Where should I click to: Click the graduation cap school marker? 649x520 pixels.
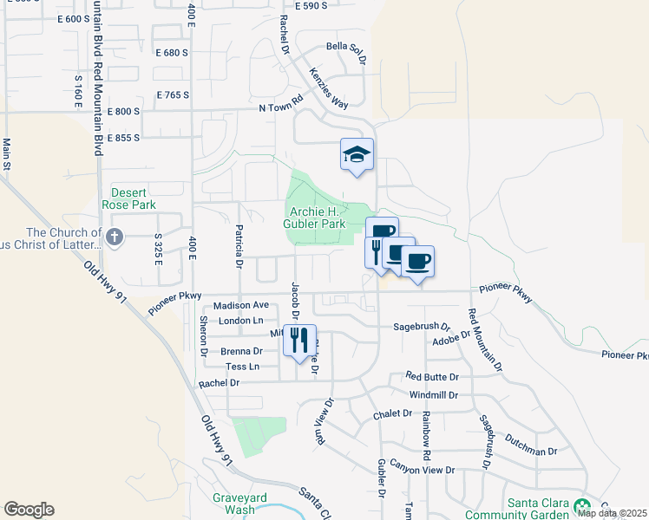(x=357, y=154)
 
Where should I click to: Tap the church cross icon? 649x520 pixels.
(x=114, y=236)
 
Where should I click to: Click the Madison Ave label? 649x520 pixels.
(x=241, y=305)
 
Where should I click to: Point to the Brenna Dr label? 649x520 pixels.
(x=242, y=351)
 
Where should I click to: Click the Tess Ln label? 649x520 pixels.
(x=243, y=367)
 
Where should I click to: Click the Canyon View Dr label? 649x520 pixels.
(x=423, y=469)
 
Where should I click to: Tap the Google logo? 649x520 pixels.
(x=29, y=510)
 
